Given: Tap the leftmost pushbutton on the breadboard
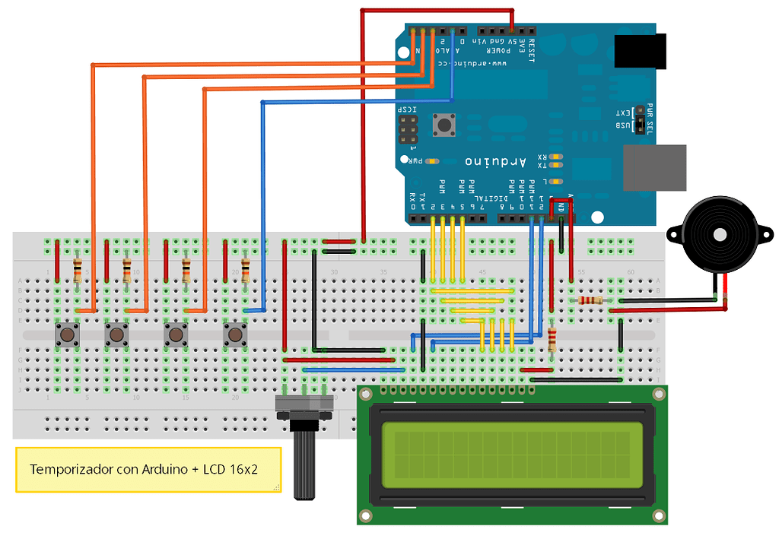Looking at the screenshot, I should (x=67, y=334).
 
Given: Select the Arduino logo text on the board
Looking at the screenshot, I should (x=495, y=161).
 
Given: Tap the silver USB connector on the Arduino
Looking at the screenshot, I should (x=654, y=167).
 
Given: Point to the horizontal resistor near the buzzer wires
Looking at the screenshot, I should (x=590, y=300).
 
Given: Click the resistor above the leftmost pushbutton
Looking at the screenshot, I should (x=77, y=269).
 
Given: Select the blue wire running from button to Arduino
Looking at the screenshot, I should (x=262, y=205).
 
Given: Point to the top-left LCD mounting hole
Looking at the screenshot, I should (x=366, y=394).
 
